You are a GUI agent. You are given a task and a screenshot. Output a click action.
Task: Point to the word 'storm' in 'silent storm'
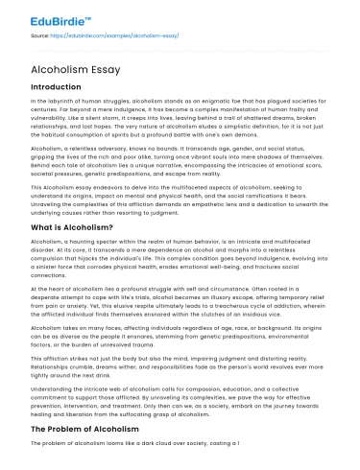click(x=104, y=115)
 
